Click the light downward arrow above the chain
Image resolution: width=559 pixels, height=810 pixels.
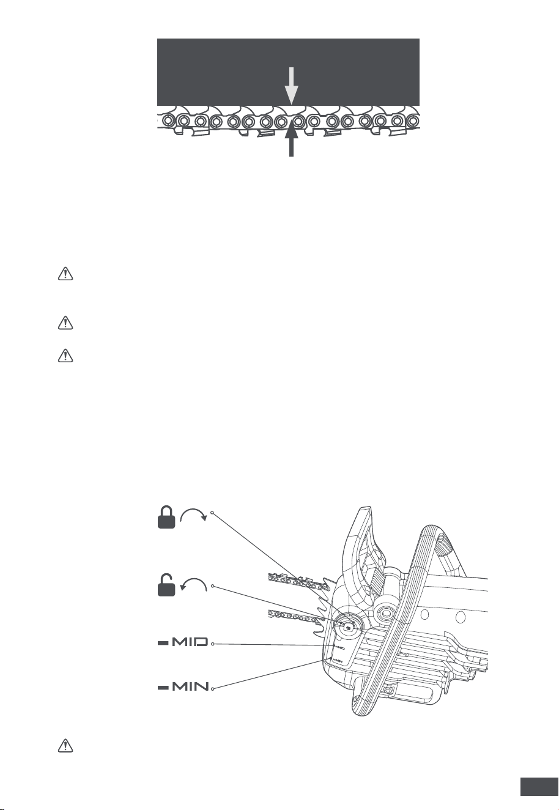point(291,86)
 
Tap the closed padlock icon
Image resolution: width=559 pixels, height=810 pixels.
point(166,518)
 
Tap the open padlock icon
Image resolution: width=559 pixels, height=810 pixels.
point(166,585)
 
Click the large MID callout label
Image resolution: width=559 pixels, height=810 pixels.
point(190,642)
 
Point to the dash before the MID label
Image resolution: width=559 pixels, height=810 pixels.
point(163,643)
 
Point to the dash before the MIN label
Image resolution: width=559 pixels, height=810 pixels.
point(163,686)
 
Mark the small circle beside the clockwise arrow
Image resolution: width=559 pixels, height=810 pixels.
point(212,513)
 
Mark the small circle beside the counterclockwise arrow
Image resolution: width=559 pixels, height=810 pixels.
point(213,586)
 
